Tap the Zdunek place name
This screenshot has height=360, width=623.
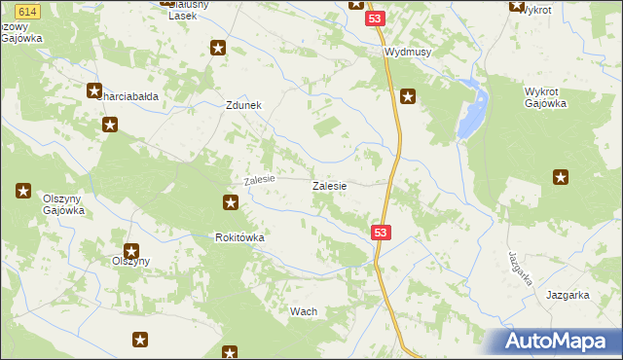[244, 107]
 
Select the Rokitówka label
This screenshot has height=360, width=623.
[240, 237]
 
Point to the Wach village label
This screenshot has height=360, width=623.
[304, 311]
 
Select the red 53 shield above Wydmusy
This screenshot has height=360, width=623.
[375, 19]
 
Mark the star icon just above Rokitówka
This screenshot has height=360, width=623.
[231, 202]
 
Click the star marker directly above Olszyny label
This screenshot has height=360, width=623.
[130, 251]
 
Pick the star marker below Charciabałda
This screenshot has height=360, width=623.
[111, 125]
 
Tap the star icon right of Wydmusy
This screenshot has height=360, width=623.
[409, 95]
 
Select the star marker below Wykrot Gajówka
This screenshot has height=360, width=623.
[561, 177]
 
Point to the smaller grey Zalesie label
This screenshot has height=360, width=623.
[260, 180]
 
